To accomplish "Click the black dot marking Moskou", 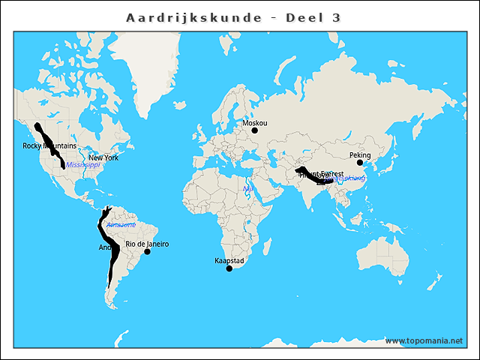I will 254,130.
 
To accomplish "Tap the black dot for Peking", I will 360,163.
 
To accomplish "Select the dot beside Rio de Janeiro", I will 148,252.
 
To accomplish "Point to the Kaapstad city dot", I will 229,268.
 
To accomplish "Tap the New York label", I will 103,157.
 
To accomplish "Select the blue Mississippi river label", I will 82,164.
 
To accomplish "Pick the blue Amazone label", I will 121,225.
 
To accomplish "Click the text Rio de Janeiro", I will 147,244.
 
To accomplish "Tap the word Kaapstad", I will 229,260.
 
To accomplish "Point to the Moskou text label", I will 255,122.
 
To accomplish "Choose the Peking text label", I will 360,155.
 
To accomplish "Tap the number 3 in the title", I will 334,17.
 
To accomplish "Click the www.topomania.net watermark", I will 424,340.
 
